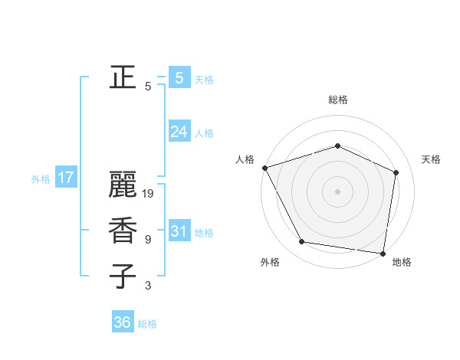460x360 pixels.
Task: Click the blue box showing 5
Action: (179, 77)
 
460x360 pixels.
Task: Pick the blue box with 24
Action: (179, 132)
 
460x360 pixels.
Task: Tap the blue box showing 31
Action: (179, 231)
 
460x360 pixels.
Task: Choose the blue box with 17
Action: (66, 178)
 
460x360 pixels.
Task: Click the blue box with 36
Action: (123, 322)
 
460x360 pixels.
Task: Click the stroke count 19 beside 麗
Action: (149, 195)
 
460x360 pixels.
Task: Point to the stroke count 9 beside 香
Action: (148, 240)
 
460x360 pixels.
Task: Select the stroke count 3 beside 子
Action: (148, 286)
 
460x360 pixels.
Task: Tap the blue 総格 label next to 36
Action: (147, 324)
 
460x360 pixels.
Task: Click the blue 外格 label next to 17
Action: (41, 179)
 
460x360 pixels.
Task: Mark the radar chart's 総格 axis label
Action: (337, 100)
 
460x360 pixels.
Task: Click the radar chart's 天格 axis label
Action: (431, 159)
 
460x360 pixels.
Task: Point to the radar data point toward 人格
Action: (264, 168)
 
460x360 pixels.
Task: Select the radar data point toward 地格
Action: (383, 253)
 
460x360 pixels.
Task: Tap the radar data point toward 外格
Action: (302, 242)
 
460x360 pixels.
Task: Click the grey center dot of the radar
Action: (337, 191)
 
